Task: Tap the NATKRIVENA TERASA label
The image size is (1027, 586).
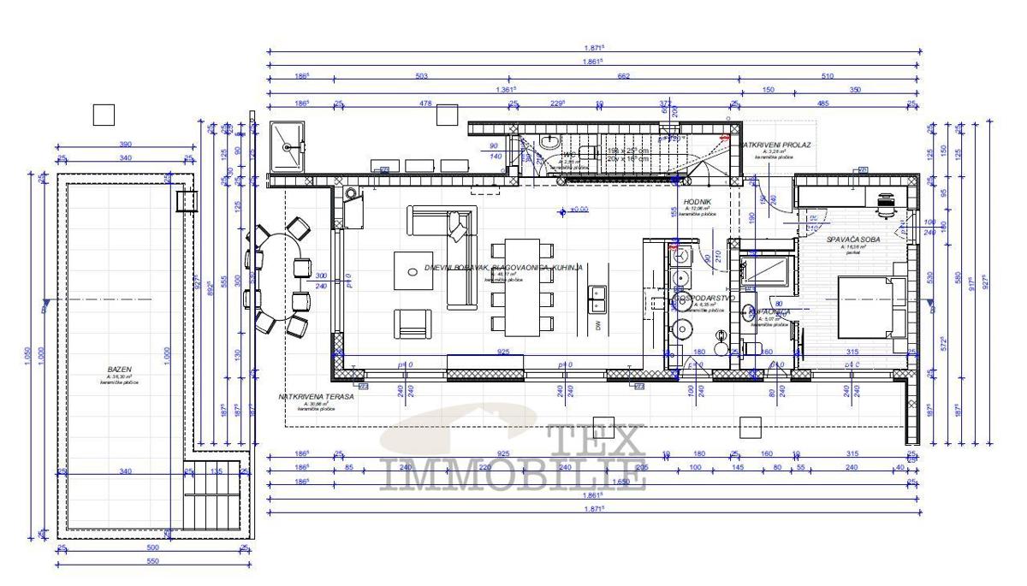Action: click(316, 397)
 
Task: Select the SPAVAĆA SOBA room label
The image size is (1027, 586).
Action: click(852, 240)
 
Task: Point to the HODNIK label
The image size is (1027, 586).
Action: click(692, 202)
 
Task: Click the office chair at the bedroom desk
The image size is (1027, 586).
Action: click(885, 203)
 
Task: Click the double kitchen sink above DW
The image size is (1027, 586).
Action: click(597, 296)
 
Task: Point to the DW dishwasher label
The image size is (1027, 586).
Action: click(597, 327)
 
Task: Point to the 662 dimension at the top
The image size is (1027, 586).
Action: click(622, 76)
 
